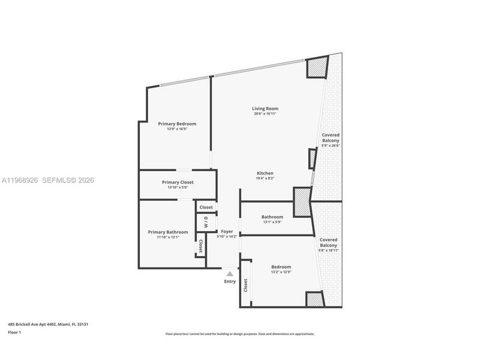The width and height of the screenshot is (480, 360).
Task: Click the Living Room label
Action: (265, 109)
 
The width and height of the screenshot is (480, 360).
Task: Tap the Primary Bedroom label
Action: (177, 124)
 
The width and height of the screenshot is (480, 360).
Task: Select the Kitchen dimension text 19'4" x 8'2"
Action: (265, 178)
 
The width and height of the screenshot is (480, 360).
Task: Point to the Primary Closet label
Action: (178, 182)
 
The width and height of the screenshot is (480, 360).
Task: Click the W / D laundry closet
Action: (206, 222)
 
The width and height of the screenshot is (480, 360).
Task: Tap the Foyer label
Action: (227, 232)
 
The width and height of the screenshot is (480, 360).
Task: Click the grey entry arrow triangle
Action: (230, 274)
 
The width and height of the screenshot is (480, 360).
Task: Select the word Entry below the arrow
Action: (230, 281)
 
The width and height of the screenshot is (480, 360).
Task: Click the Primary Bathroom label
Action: (168, 232)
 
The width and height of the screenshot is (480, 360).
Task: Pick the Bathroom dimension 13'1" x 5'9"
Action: (272, 222)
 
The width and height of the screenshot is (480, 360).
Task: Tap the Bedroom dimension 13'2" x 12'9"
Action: (281, 272)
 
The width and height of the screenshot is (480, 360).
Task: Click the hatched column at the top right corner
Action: (317, 67)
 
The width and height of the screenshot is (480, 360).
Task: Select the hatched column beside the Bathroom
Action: (302, 202)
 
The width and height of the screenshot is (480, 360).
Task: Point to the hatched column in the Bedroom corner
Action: (314, 299)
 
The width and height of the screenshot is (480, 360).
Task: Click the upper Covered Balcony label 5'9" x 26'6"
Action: (331, 140)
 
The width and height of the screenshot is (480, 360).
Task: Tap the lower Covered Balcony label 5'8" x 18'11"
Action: (328, 245)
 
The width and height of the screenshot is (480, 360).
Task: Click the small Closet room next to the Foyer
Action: (206, 207)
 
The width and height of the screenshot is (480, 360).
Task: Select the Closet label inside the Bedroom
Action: (245, 285)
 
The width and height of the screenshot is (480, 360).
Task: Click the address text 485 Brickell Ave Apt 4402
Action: (32, 324)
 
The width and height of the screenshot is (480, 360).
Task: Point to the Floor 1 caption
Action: (14, 332)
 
